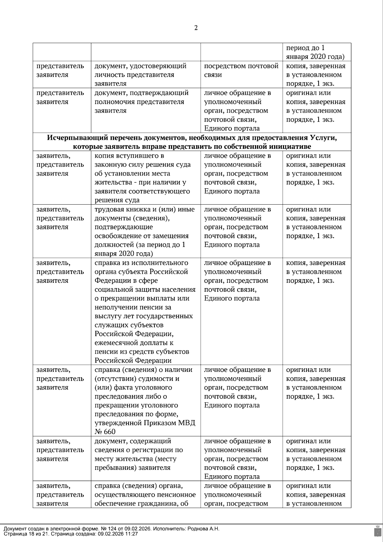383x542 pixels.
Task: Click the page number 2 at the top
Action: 196,28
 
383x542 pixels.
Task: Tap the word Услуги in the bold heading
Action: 323,138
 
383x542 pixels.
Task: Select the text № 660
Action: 105,432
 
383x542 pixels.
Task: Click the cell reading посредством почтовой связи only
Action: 241,71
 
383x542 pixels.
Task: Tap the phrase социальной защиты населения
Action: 145,290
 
